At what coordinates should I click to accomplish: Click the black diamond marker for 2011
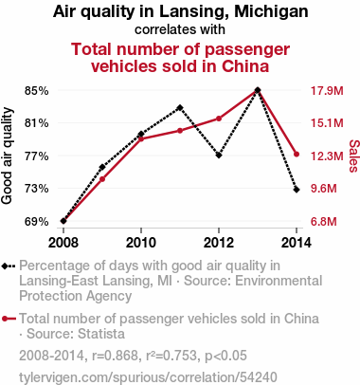(180, 108)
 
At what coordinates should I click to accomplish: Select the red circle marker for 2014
(297, 155)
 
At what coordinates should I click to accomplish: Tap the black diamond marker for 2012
(219, 156)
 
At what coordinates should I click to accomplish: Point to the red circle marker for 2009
(102, 179)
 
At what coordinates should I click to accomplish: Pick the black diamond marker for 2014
(297, 190)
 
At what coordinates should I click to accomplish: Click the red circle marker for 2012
(219, 119)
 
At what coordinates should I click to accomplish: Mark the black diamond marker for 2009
(102, 167)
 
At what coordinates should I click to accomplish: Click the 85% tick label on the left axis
(37, 91)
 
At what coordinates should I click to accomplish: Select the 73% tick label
(37, 189)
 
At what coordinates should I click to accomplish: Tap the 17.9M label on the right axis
(327, 91)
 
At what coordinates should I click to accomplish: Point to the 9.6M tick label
(324, 189)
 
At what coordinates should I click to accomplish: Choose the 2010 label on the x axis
(141, 243)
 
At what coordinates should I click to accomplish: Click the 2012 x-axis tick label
(219, 243)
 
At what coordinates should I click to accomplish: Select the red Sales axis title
(353, 156)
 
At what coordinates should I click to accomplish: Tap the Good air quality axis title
(7, 156)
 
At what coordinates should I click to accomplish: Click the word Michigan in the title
(271, 12)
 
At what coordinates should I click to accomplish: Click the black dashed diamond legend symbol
(9, 266)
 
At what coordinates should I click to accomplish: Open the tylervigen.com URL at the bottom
(148, 377)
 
